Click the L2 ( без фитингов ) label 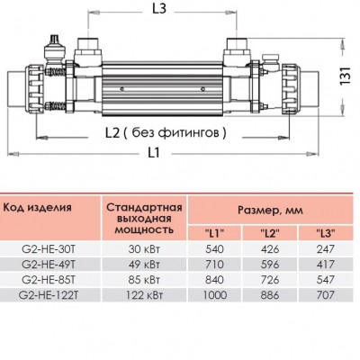pyautogui.click(x=168, y=132)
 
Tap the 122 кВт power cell pyautogui.click(x=142, y=294)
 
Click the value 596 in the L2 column pyautogui.click(x=267, y=265)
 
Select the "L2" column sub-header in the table pyautogui.click(x=267, y=234)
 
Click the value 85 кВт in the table pyautogui.click(x=142, y=279)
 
